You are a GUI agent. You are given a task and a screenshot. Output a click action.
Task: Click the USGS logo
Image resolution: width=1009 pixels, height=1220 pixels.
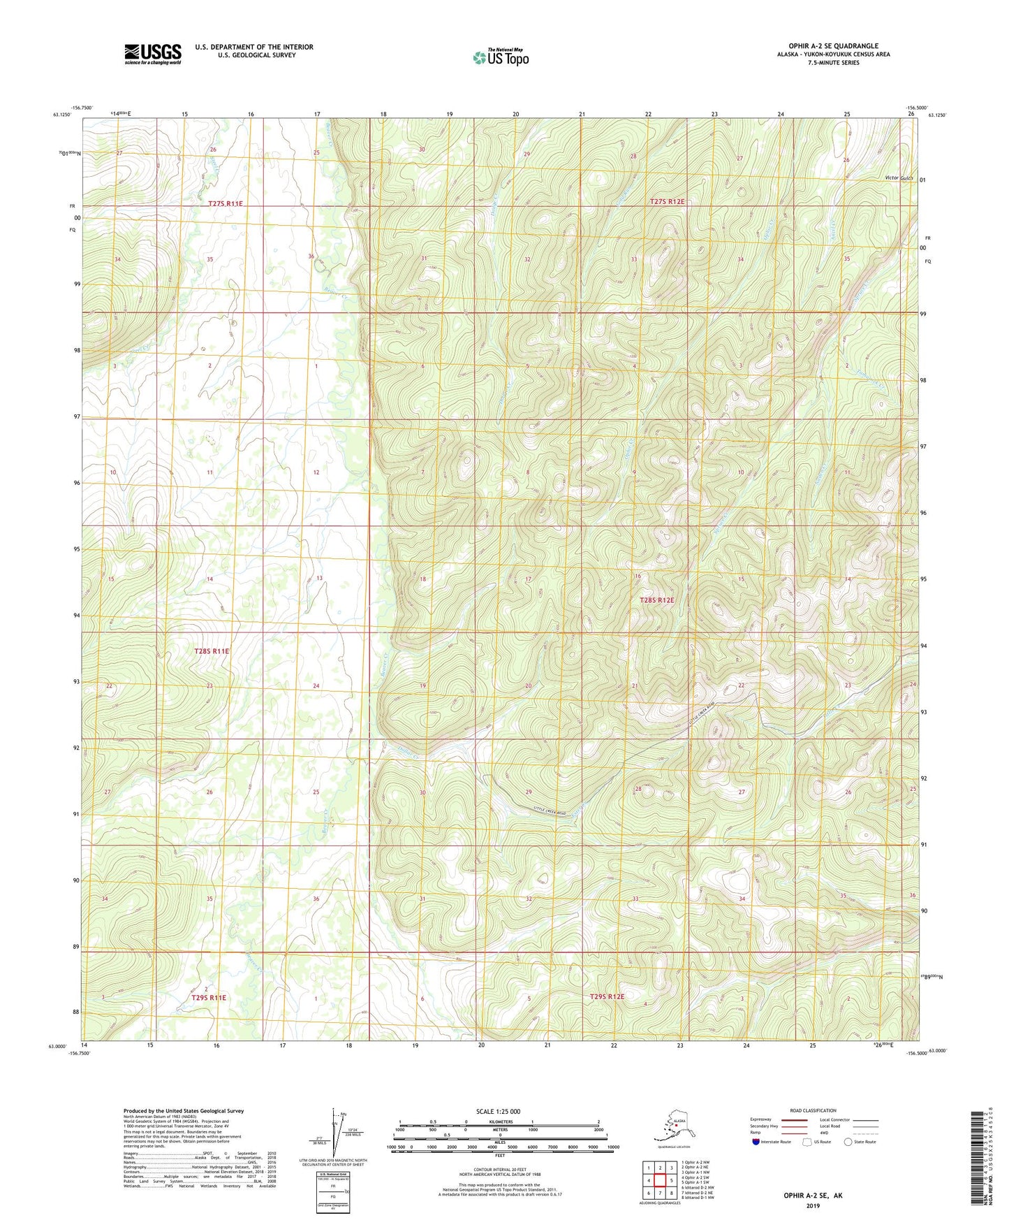click(x=152, y=54)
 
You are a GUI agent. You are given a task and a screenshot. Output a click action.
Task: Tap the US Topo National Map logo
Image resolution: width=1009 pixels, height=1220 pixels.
click(x=500, y=57)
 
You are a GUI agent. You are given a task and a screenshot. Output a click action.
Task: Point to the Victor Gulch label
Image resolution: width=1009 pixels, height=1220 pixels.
click(x=899, y=178)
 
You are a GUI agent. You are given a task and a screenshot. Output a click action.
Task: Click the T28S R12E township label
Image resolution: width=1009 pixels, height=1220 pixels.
click(x=657, y=600)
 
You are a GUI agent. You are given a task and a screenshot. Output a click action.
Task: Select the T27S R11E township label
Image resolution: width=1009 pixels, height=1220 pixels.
click(x=225, y=203)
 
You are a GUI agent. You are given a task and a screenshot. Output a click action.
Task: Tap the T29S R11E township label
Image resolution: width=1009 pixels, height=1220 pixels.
click(x=209, y=998)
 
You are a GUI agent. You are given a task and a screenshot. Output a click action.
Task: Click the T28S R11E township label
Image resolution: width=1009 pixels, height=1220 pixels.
click(x=212, y=651)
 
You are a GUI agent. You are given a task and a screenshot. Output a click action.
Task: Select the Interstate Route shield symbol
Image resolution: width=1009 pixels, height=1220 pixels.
click(x=756, y=1142)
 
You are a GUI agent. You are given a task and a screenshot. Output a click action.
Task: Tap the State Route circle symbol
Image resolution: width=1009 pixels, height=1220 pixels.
click(x=848, y=1142)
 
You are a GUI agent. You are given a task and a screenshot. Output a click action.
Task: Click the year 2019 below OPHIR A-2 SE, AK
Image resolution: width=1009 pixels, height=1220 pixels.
click(x=813, y=1205)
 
